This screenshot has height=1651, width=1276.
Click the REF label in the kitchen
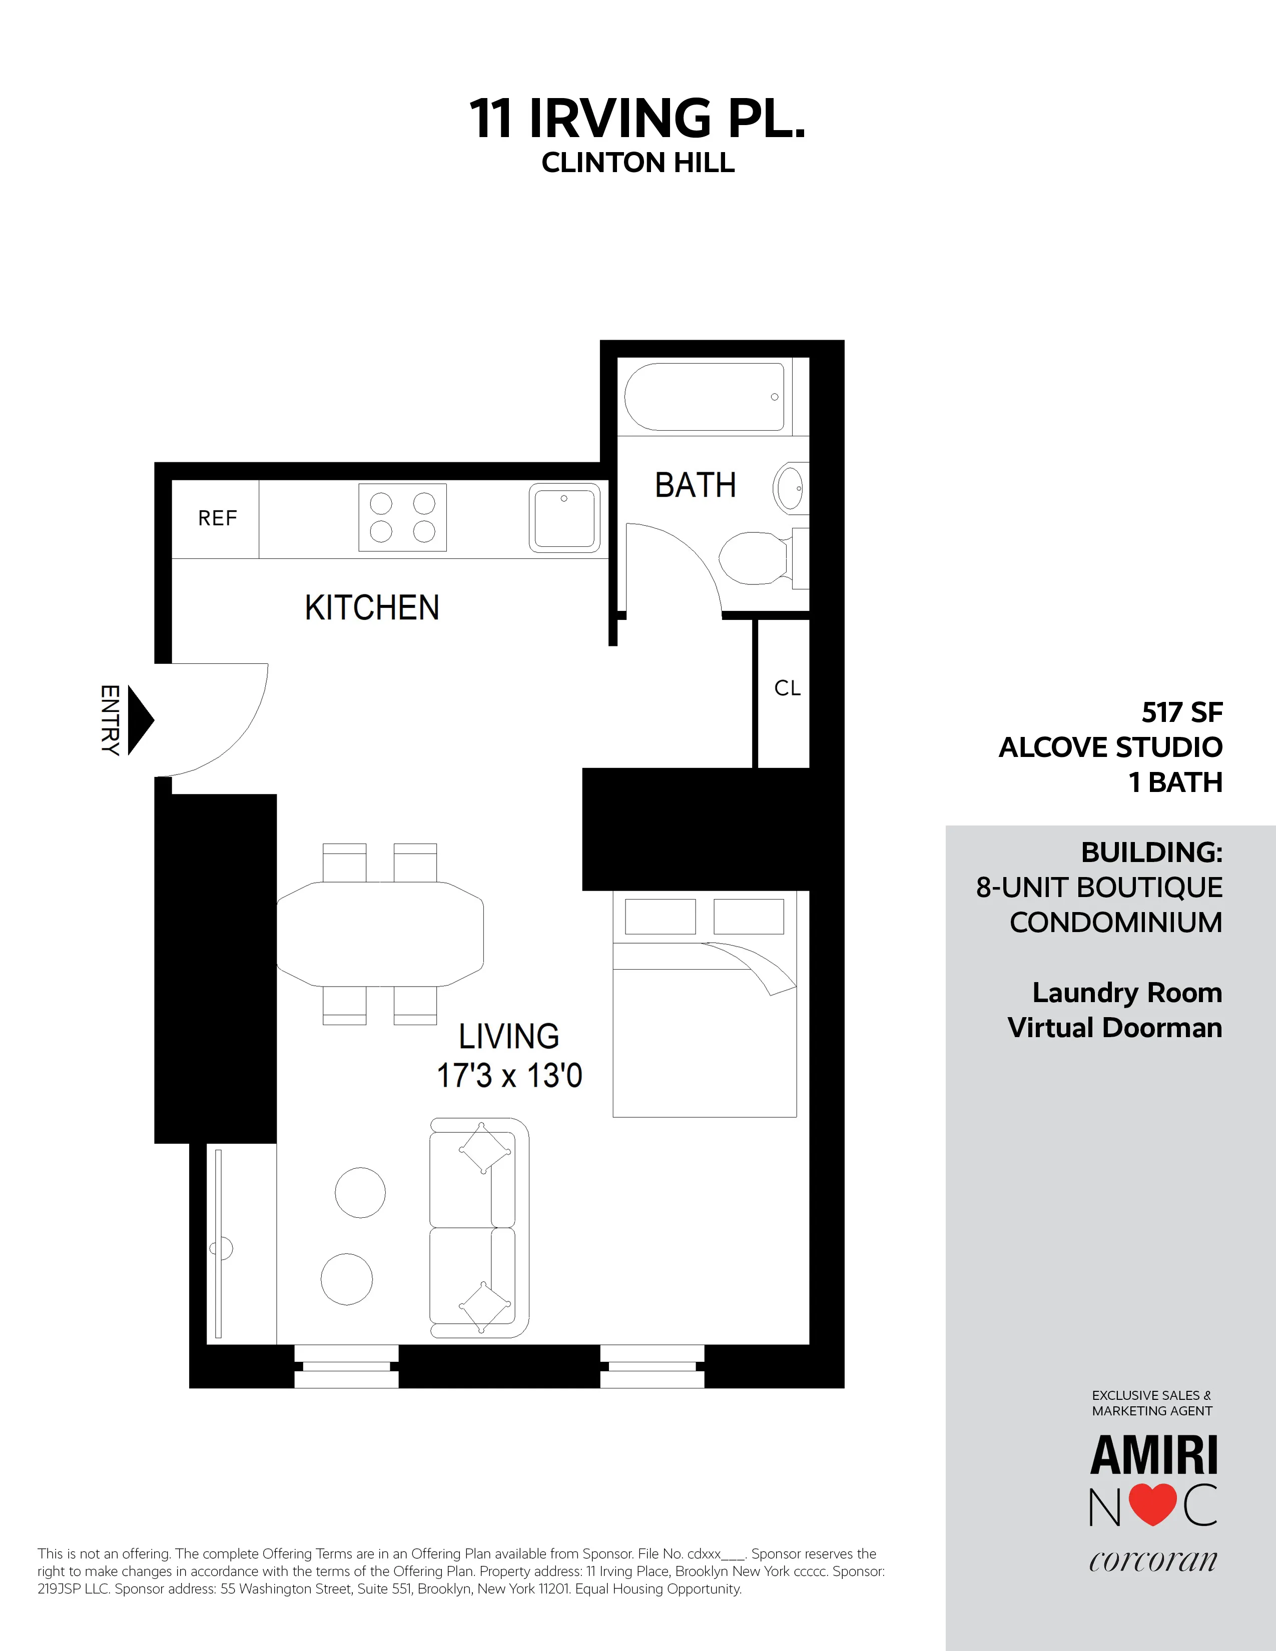[x=217, y=519]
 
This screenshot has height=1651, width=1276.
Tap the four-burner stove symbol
[x=402, y=518]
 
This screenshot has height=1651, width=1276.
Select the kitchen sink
[x=564, y=518]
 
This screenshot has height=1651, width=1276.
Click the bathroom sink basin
[x=791, y=488]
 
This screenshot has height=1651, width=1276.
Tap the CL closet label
[x=787, y=688]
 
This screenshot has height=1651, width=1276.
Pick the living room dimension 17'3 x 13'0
[x=509, y=1076]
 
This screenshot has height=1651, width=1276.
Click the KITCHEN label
[x=372, y=608]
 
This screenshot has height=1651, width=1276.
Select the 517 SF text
[x=1181, y=712]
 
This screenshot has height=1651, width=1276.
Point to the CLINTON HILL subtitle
[x=638, y=163]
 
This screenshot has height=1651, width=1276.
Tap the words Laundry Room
[x=1126, y=993]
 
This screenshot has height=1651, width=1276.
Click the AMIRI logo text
[x=1153, y=1456]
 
